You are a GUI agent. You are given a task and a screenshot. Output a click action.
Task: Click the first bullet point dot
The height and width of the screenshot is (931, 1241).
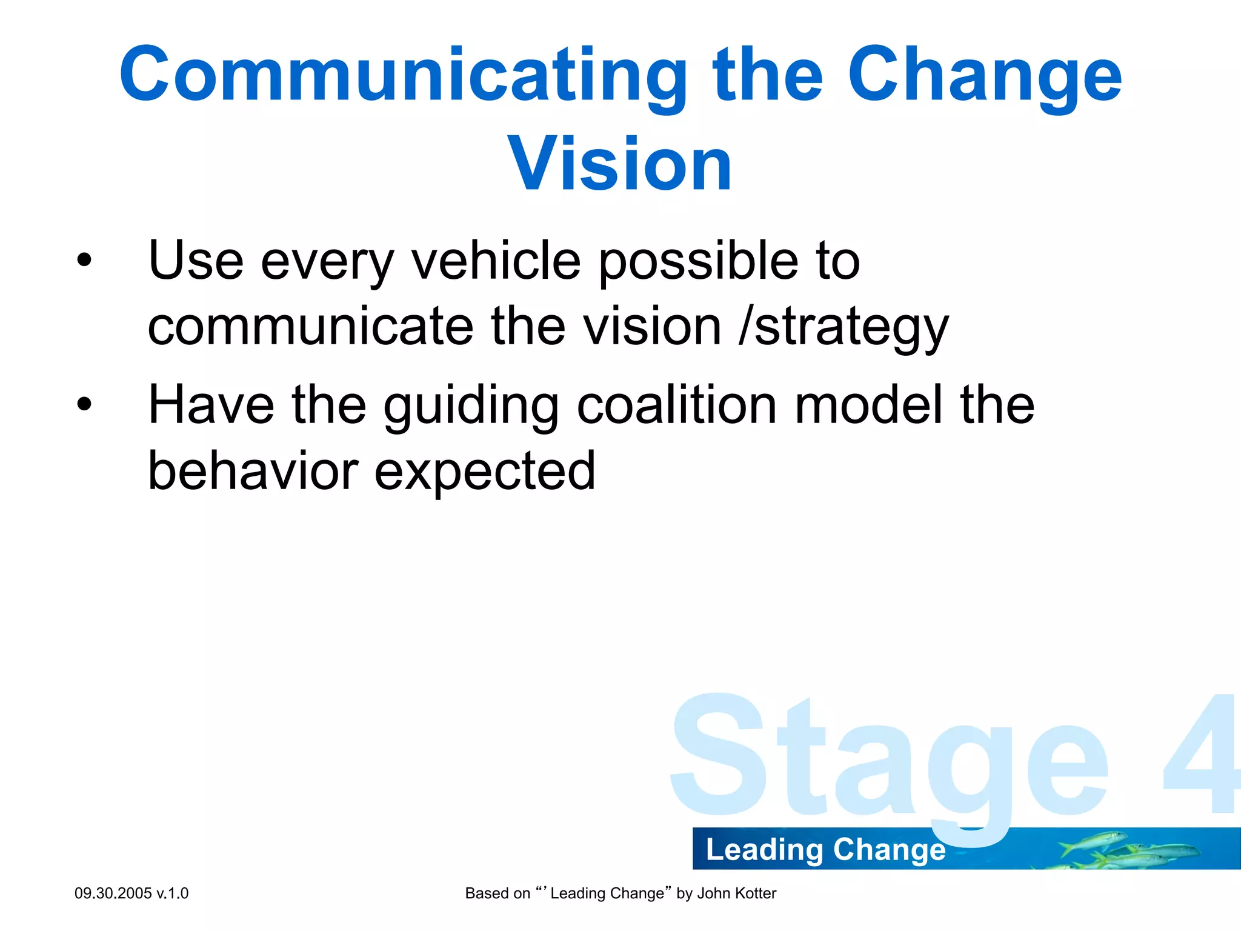pyautogui.click(x=84, y=261)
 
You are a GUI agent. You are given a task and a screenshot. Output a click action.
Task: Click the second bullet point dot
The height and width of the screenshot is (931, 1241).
pyautogui.click(x=84, y=405)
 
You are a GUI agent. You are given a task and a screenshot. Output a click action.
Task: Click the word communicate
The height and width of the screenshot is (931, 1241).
pyautogui.click(x=310, y=327)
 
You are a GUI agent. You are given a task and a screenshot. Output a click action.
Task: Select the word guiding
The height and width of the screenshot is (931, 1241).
pyautogui.click(x=471, y=406)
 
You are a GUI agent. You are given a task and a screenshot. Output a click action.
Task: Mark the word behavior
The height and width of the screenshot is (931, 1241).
pyautogui.click(x=253, y=471)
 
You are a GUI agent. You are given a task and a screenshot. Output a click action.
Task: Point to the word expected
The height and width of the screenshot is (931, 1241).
pyautogui.click(x=485, y=472)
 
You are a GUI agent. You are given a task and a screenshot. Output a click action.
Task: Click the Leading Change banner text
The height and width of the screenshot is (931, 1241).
pyautogui.click(x=825, y=849)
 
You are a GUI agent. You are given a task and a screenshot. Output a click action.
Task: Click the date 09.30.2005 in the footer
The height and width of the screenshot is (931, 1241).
pyautogui.click(x=113, y=893)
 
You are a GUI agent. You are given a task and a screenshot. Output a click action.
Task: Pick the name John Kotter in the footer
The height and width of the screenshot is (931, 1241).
pyautogui.click(x=736, y=893)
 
